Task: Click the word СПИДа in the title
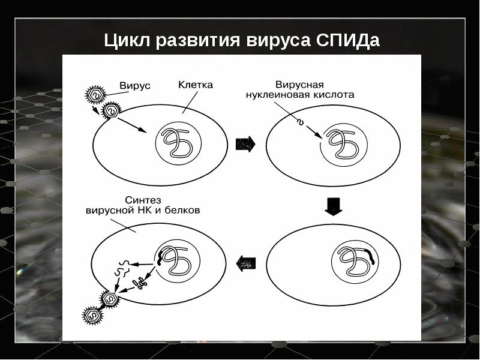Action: coord(347,41)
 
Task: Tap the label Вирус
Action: coord(135,85)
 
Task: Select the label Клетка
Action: coord(196,85)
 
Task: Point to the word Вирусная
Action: coord(299,85)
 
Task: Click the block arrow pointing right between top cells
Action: coord(246,144)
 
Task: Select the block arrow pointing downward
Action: coord(332,206)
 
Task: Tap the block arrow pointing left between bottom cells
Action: coord(246,262)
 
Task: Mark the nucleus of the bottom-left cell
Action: coord(176,259)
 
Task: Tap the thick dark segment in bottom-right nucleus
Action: coord(373,260)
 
